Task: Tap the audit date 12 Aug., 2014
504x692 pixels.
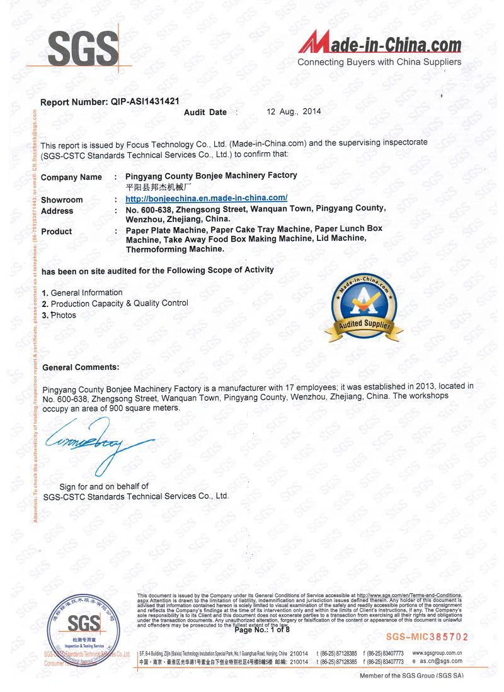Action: coord(294,111)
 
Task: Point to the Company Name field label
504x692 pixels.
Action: coord(71,177)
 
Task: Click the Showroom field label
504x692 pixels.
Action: coord(62,200)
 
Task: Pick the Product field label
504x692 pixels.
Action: coord(57,232)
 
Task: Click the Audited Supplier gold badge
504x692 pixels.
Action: coord(364,306)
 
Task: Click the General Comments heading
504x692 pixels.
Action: coord(80,367)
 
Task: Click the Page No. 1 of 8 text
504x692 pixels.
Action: coord(262,630)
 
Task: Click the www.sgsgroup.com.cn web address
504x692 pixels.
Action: coord(437,653)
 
